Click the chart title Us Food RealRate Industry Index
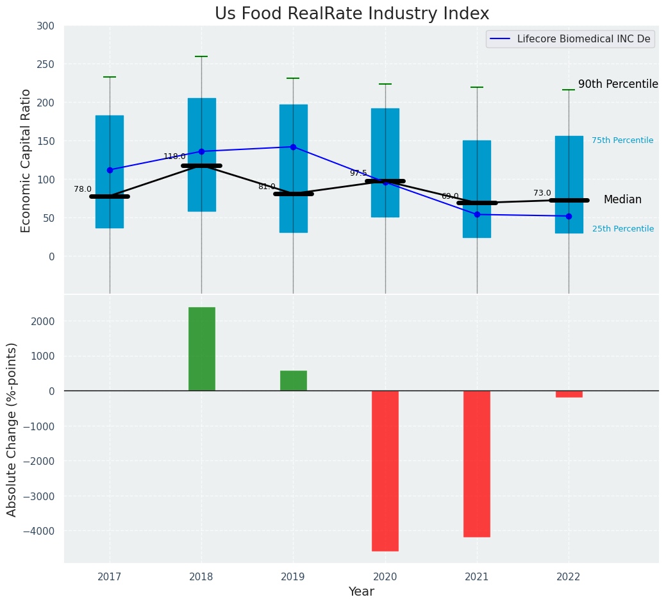pyautogui.click(x=352, y=14)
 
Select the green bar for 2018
pyautogui.click(x=201, y=349)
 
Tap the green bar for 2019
pyautogui.click(x=293, y=380)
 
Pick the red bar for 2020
pyautogui.click(x=385, y=471)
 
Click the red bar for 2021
pyautogui.click(x=477, y=464)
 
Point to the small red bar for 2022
pyautogui.click(x=569, y=394)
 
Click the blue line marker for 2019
pyautogui.click(x=293, y=147)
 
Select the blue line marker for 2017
pyautogui.click(x=110, y=170)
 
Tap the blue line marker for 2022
pyautogui.click(x=569, y=216)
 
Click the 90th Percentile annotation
pyautogui.click(x=618, y=85)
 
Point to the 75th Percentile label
pyautogui.click(x=622, y=140)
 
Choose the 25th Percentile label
pyautogui.click(x=622, y=229)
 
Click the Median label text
pyautogui.click(x=622, y=200)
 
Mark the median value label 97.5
pyautogui.click(x=358, y=173)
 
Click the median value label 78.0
pyautogui.click(x=83, y=189)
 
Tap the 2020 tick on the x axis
pyautogui.click(x=385, y=577)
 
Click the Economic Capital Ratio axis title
pyautogui.click(x=26, y=160)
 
